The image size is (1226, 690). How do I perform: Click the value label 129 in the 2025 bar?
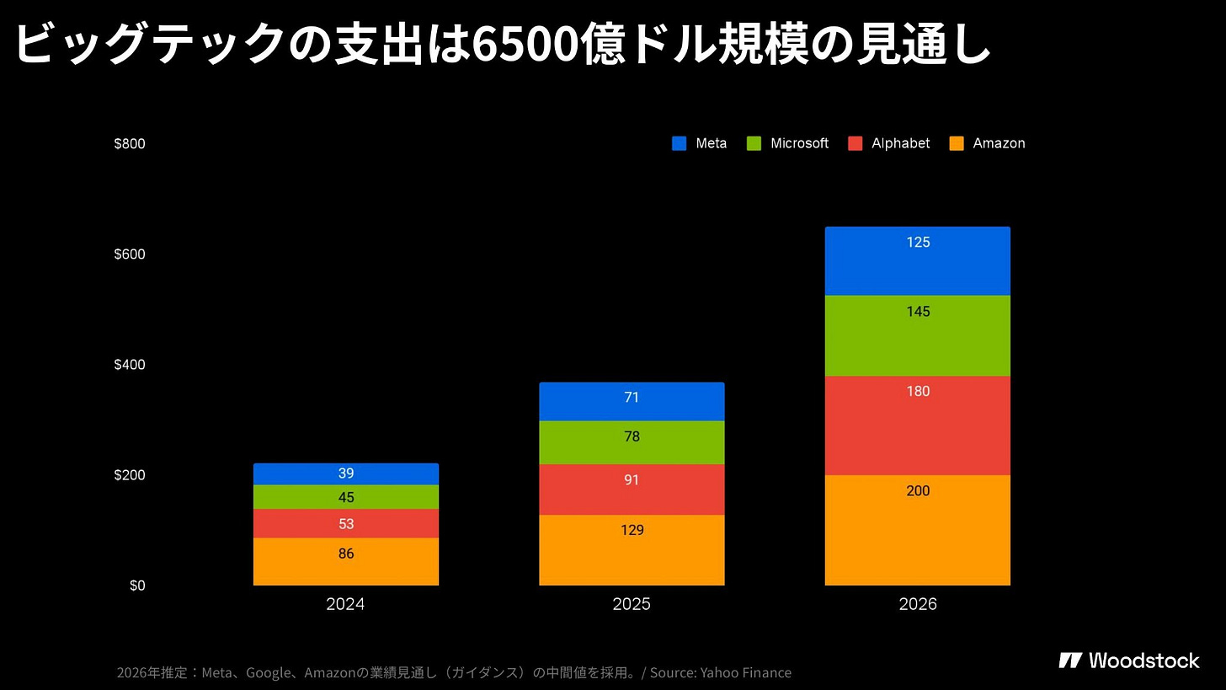(632, 530)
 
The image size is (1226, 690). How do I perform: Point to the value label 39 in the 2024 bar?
(345, 473)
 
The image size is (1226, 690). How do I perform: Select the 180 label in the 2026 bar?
(918, 391)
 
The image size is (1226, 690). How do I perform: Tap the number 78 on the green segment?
(632, 436)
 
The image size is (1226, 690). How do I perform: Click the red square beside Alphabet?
(856, 143)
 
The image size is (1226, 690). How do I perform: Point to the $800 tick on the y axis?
(130, 143)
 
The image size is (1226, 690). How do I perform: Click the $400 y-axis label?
(130, 365)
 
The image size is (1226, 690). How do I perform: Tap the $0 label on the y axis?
(137, 586)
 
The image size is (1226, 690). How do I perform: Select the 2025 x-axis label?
(632, 604)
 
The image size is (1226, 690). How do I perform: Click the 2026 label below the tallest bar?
(917, 604)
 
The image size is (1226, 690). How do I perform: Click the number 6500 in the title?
(524, 44)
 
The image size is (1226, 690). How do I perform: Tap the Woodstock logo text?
(1143, 660)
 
